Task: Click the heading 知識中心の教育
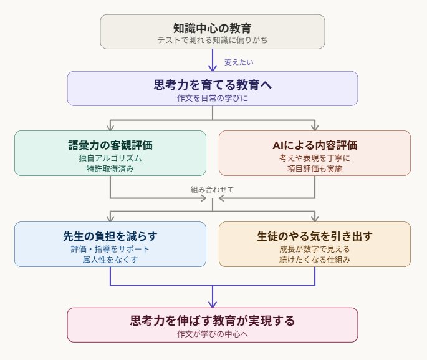tap(213, 27)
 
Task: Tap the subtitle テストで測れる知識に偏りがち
tap(213, 40)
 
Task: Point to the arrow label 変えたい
tap(239, 62)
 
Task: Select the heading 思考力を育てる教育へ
tap(213, 84)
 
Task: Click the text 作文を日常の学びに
tap(213, 97)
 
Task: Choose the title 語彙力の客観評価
tap(110, 145)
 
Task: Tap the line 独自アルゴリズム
tap(110, 158)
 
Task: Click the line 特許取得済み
tap(110, 168)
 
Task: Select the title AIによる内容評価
tap(315, 145)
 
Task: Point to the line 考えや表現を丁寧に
tap(315, 158)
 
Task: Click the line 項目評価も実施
tap(315, 168)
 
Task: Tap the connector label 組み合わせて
tap(213, 188)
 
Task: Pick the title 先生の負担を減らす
tap(110, 236)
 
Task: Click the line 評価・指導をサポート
tap(110, 250)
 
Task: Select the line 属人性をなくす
tap(110, 260)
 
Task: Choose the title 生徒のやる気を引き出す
tap(315, 236)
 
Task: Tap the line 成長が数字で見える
tap(315, 250)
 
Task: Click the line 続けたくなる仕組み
tap(315, 260)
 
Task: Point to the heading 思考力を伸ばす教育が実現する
tap(213, 321)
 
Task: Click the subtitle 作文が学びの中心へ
tap(213, 334)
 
